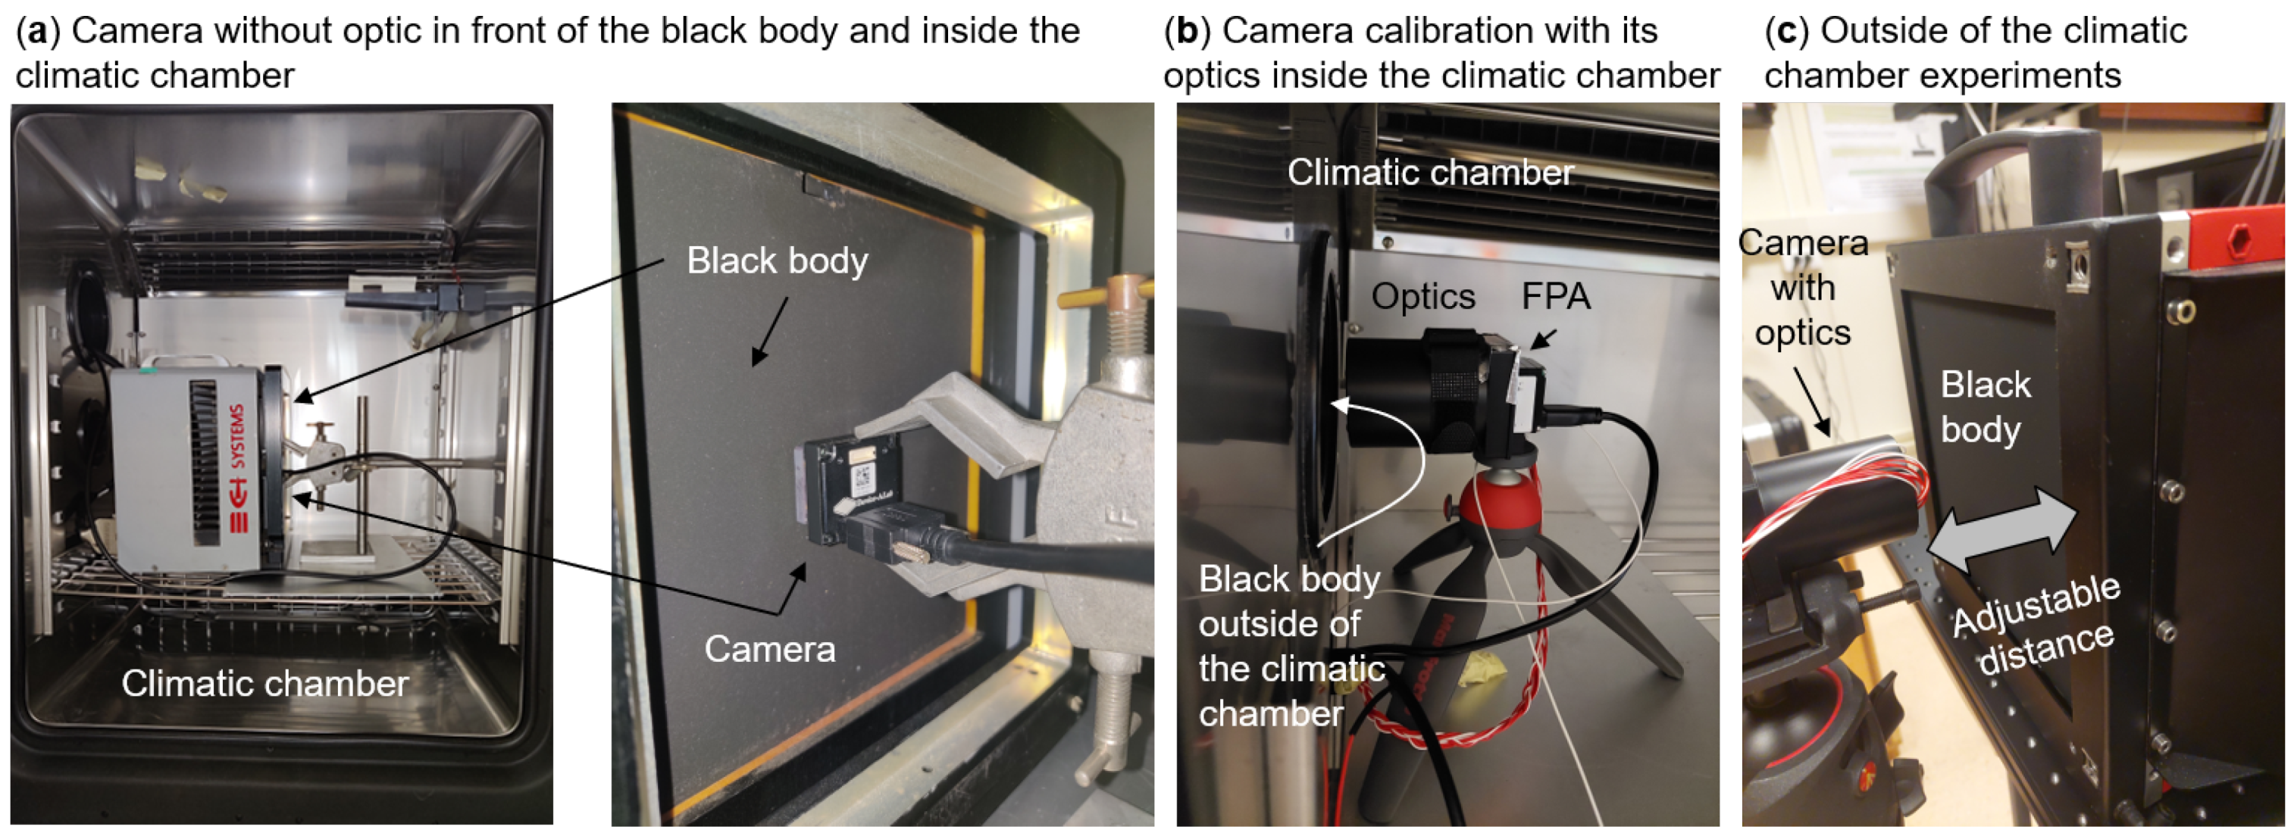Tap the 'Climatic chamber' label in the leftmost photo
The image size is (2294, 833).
264,684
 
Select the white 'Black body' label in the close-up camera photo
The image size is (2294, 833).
777,261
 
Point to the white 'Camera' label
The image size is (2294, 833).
769,649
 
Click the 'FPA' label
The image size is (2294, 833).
1555,296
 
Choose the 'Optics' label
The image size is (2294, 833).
1423,296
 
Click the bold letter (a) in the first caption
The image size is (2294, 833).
36,31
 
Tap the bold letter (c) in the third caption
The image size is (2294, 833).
1786,31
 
